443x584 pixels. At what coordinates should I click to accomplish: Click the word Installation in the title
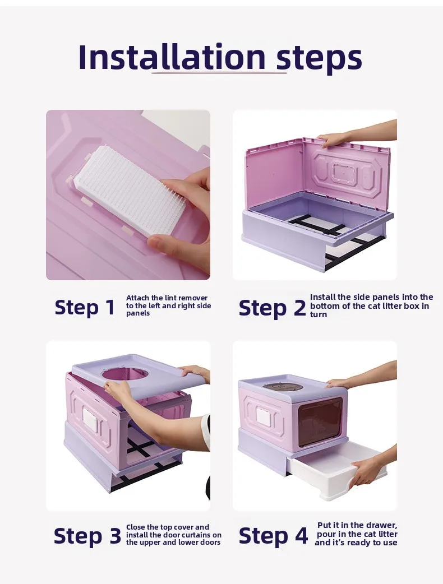pos(172,57)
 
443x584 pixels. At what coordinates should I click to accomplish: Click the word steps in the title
pos(319,59)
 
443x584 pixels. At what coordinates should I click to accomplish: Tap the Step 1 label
pos(85,307)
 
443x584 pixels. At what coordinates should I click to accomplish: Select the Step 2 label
pos(272,308)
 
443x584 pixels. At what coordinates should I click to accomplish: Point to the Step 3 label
pos(87,536)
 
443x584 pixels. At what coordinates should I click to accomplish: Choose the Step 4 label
pos(273,536)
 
